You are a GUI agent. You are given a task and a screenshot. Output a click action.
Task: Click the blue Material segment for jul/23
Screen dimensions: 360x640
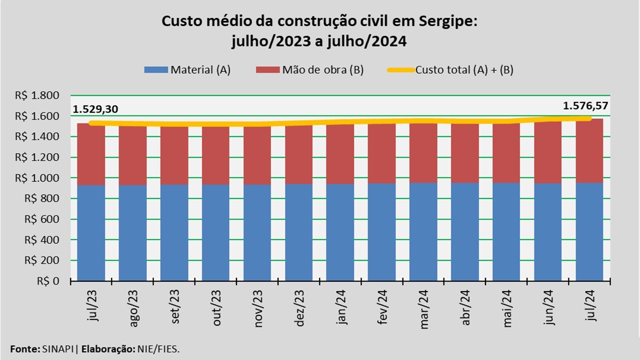[91, 232]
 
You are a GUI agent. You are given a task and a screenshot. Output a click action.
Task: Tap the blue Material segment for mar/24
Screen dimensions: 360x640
[423, 231]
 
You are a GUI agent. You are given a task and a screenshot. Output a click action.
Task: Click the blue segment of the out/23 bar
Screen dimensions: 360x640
[215, 232]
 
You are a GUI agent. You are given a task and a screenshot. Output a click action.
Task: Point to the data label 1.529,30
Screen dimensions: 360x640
[95, 109]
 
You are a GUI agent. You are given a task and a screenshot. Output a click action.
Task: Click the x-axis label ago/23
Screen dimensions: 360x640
[133, 311]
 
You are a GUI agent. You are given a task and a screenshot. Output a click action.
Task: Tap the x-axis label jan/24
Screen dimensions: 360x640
[341, 311]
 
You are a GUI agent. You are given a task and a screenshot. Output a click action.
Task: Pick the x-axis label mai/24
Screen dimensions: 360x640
[507, 311]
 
